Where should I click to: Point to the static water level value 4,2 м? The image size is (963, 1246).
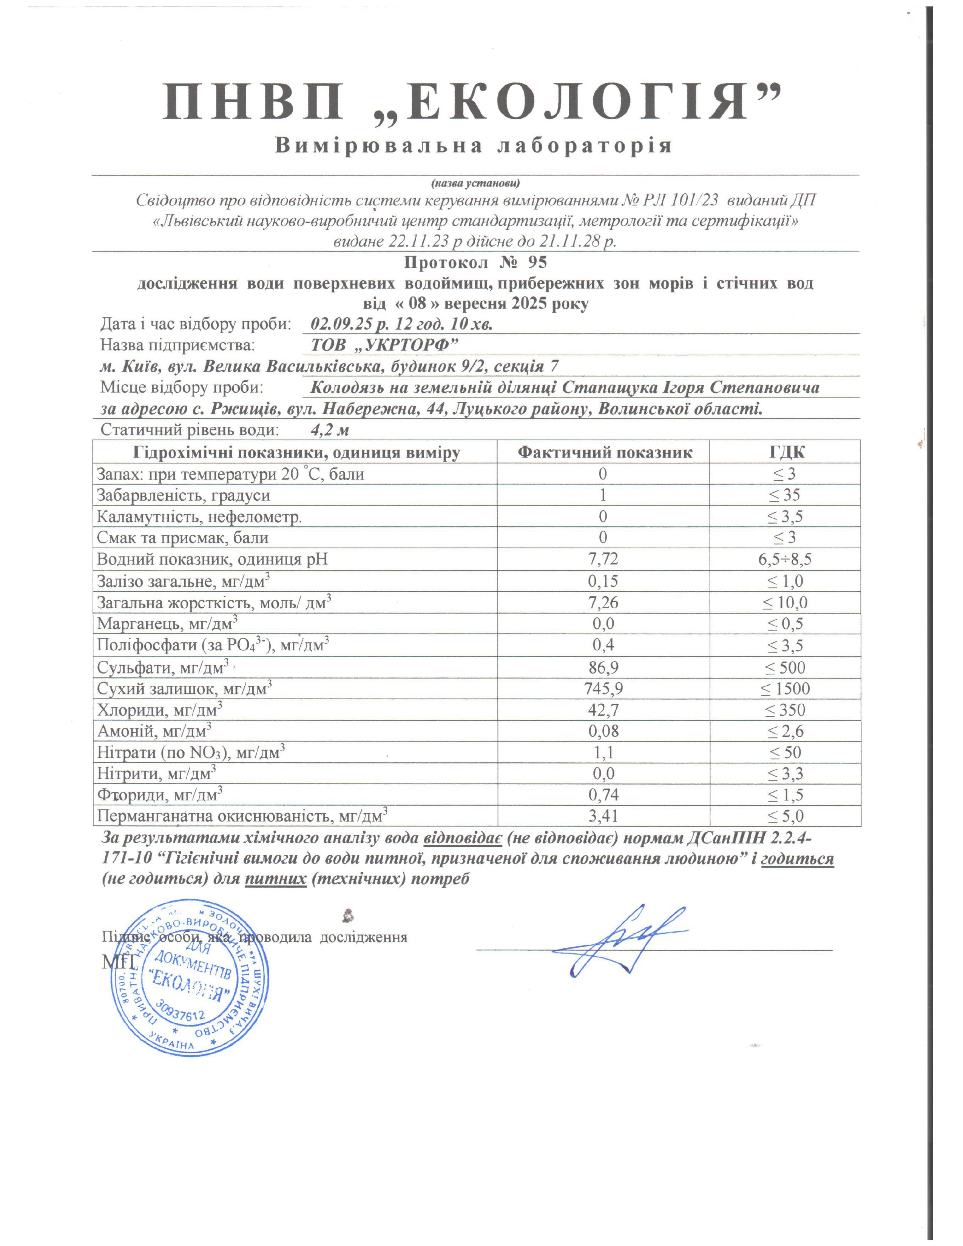click(x=330, y=430)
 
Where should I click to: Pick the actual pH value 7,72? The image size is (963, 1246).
click(x=603, y=559)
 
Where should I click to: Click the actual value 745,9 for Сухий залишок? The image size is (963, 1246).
click(x=603, y=689)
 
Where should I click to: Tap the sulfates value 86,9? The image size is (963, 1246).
click(x=603, y=668)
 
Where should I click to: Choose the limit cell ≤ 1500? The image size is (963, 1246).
click(x=785, y=689)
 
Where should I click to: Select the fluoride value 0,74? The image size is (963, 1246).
click(x=603, y=795)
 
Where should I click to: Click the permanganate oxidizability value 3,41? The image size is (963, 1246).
click(x=603, y=816)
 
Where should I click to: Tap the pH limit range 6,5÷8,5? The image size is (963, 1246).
click(x=785, y=559)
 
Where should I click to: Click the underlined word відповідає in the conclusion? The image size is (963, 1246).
click(x=463, y=838)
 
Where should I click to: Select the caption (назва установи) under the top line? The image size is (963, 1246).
click(x=475, y=183)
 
